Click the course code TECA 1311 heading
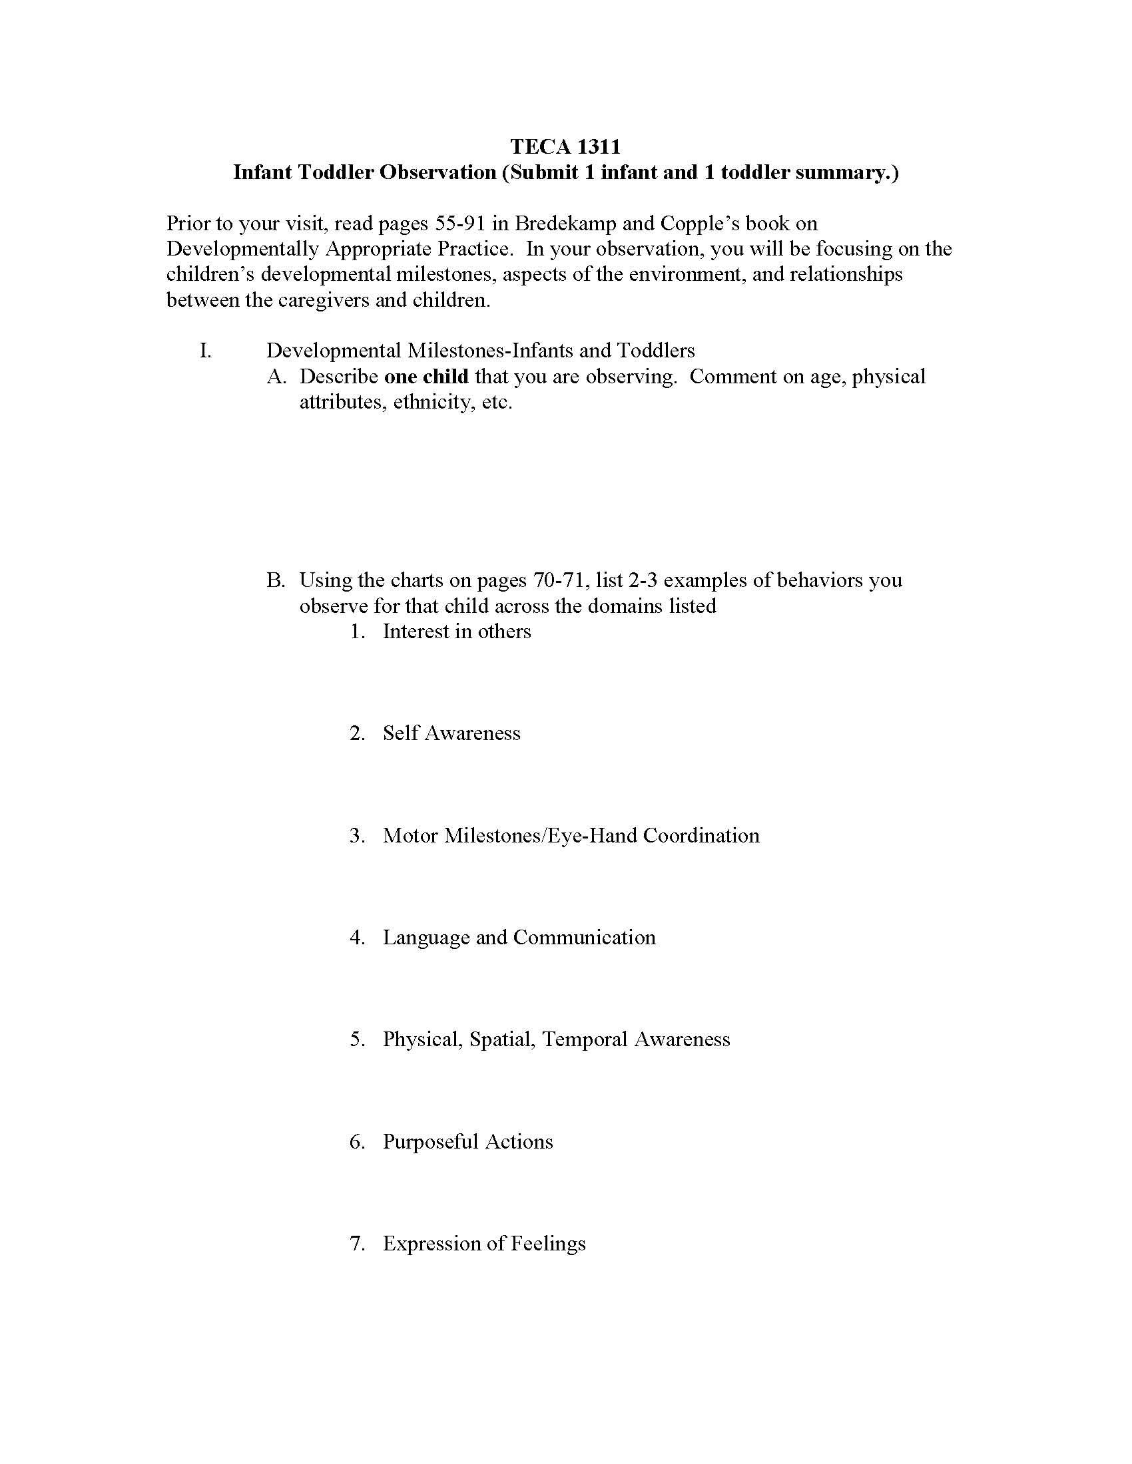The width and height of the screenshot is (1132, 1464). pos(565,146)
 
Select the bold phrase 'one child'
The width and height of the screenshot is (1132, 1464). pos(426,377)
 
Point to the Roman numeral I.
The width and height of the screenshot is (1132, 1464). pos(205,351)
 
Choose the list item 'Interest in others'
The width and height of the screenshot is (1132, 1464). pos(456,632)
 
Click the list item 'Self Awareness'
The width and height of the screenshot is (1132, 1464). pos(451,733)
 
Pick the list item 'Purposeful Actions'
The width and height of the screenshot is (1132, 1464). pos(467,1141)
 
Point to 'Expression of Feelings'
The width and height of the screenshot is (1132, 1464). pos(483,1244)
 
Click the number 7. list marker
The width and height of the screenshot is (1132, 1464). pos(358,1244)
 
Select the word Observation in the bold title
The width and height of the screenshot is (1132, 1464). pos(437,173)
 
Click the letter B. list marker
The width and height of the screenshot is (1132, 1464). pos(276,580)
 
